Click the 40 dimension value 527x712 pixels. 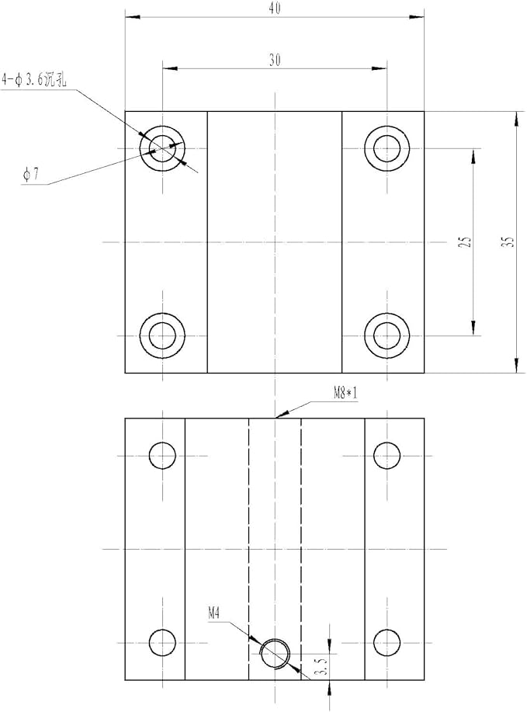(274, 9)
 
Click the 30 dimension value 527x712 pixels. (275, 60)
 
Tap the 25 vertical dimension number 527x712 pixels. (466, 241)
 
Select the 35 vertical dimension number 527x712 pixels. (509, 241)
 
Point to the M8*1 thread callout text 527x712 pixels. (345, 393)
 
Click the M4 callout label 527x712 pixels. (213, 614)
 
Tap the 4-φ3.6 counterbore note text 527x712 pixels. (35, 81)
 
